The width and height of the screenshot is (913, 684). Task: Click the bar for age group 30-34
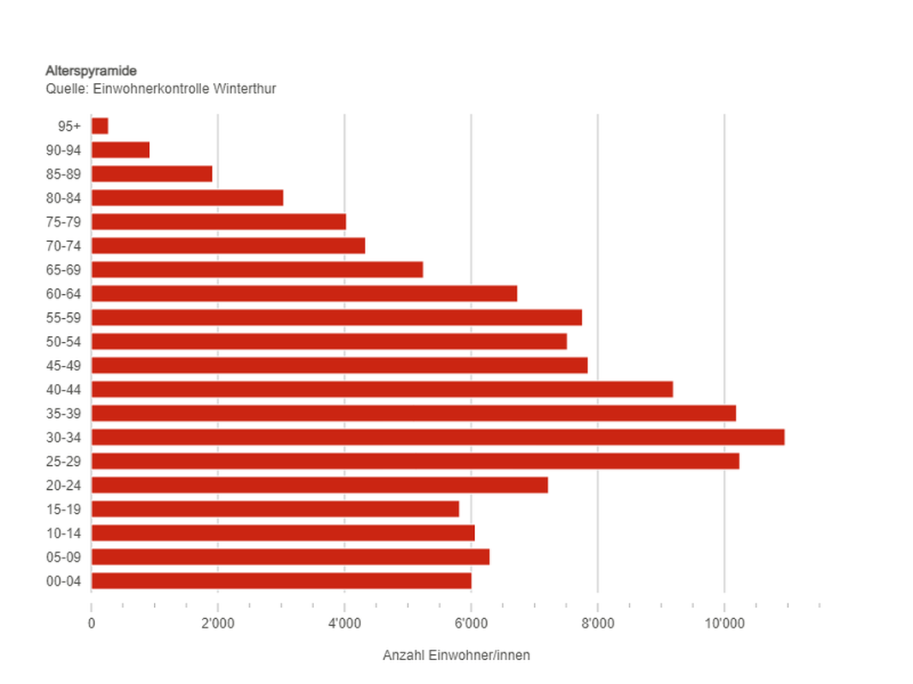[437, 437]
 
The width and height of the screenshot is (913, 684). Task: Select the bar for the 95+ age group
[99, 126]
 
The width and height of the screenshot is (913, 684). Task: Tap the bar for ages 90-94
[120, 150]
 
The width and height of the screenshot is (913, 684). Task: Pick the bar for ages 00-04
[281, 581]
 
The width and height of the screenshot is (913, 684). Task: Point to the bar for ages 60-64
[304, 293]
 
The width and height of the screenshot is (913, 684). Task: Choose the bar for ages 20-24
[319, 485]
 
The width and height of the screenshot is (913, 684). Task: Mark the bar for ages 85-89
[151, 174]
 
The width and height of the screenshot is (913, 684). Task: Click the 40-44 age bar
[382, 389]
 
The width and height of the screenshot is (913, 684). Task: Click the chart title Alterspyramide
[91, 71]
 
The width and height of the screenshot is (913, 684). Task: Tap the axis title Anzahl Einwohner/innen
[456, 656]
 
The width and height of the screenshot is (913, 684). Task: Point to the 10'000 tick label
[724, 622]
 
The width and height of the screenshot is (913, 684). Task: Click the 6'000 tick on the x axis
[471, 622]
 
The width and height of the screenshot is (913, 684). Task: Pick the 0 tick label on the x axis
[92, 622]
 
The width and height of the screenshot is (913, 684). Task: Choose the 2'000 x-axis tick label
[217, 622]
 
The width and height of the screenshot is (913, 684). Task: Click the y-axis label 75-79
[63, 221]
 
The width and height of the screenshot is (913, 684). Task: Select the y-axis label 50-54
[63, 341]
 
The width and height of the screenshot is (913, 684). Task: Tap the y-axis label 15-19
[63, 509]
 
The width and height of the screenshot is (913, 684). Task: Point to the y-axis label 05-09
[63, 557]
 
